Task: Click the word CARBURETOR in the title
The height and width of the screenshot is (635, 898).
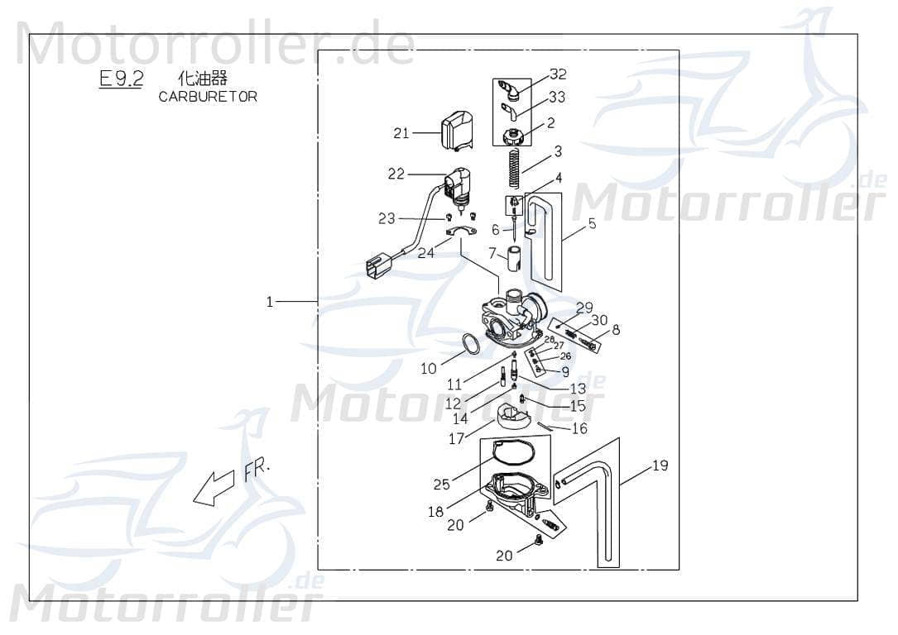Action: tap(207, 97)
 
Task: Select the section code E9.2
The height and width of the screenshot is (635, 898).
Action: tap(121, 79)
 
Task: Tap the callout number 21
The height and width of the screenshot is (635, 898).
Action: tap(401, 133)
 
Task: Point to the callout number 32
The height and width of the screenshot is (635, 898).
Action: tap(558, 74)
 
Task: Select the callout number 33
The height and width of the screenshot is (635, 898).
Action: tap(557, 98)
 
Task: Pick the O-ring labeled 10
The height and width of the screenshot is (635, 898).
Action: tap(469, 344)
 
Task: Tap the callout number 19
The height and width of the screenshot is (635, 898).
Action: tap(659, 466)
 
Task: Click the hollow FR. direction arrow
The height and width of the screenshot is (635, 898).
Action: tap(213, 488)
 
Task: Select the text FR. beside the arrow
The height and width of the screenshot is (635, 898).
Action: tap(257, 472)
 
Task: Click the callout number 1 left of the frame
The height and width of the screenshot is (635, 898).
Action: tap(269, 303)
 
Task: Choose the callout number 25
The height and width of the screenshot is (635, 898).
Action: tap(441, 485)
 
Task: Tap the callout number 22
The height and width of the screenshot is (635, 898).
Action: tap(396, 174)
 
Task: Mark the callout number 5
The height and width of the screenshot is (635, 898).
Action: tap(592, 223)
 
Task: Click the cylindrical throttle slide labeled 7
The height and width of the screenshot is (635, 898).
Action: tap(513, 257)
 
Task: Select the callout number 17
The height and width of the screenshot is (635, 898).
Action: tap(456, 439)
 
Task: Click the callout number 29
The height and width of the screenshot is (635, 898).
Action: tap(584, 308)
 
